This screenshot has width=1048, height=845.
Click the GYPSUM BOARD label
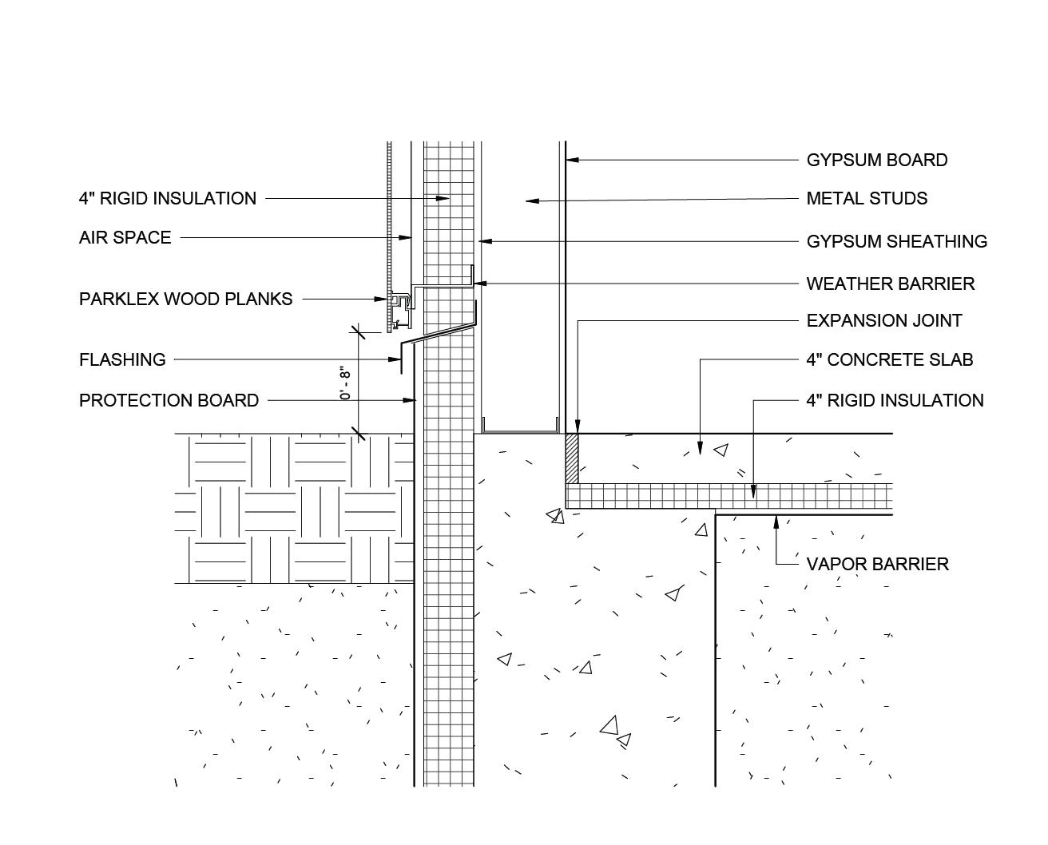(x=876, y=160)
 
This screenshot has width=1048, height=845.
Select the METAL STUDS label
(x=867, y=198)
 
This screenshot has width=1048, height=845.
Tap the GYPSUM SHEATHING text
(x=896, y=241)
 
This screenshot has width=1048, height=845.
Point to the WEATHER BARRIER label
(x=890, y=284)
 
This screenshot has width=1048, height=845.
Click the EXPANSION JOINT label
(x=883, y=320)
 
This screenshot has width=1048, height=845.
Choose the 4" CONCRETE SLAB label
(x=889, y=359)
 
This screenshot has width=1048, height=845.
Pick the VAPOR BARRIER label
(x=877, y=564)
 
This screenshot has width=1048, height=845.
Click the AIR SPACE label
(x=125, y=237)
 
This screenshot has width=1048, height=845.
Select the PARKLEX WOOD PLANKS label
(x=185, y=299)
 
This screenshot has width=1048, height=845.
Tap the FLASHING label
(x=122, y=359)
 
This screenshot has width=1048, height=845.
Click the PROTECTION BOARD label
(x=169, y=400)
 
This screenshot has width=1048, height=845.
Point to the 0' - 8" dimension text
(x=345, y=383)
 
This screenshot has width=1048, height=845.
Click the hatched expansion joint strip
(x=571, y=458)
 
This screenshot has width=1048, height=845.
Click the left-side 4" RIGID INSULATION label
(x=167, y=198)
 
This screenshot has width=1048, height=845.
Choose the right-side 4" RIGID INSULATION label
(x=895, y=400)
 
